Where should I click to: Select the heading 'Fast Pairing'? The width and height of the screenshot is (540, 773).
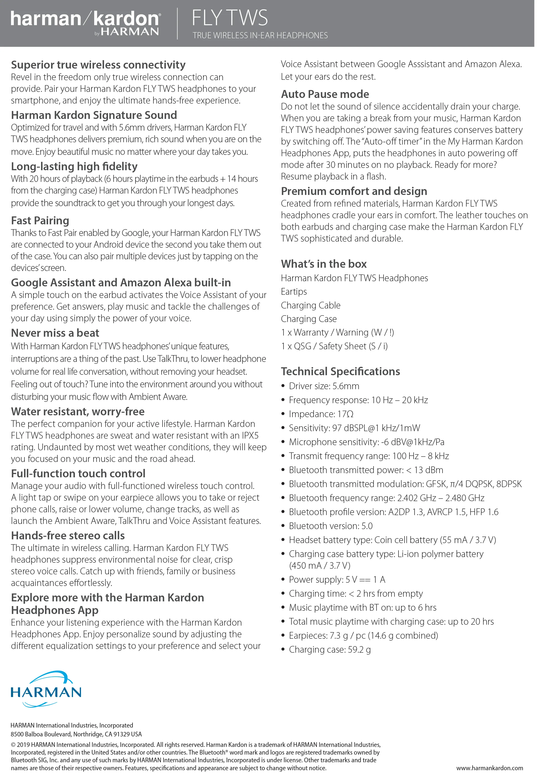(40, 221)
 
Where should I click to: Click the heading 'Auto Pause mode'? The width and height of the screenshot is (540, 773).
(325, 94)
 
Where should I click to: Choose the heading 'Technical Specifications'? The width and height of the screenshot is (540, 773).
(340, 371)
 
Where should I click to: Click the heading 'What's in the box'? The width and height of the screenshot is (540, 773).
(324, 264)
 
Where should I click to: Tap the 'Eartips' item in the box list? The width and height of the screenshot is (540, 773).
(294, 291)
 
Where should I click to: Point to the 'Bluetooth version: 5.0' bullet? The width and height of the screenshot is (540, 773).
(331, 526)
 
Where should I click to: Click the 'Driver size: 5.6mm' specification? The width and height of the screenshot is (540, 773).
(324, 386)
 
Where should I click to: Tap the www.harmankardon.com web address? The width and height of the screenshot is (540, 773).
(489, 768)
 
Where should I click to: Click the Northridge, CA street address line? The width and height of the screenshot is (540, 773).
(76, 734)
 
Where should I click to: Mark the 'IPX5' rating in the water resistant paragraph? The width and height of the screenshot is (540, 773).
(250, 436)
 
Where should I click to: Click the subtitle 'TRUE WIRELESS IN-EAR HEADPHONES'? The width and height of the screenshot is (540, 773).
(260, 36)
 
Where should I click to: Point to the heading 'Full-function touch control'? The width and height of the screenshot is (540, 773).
(78, 474)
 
